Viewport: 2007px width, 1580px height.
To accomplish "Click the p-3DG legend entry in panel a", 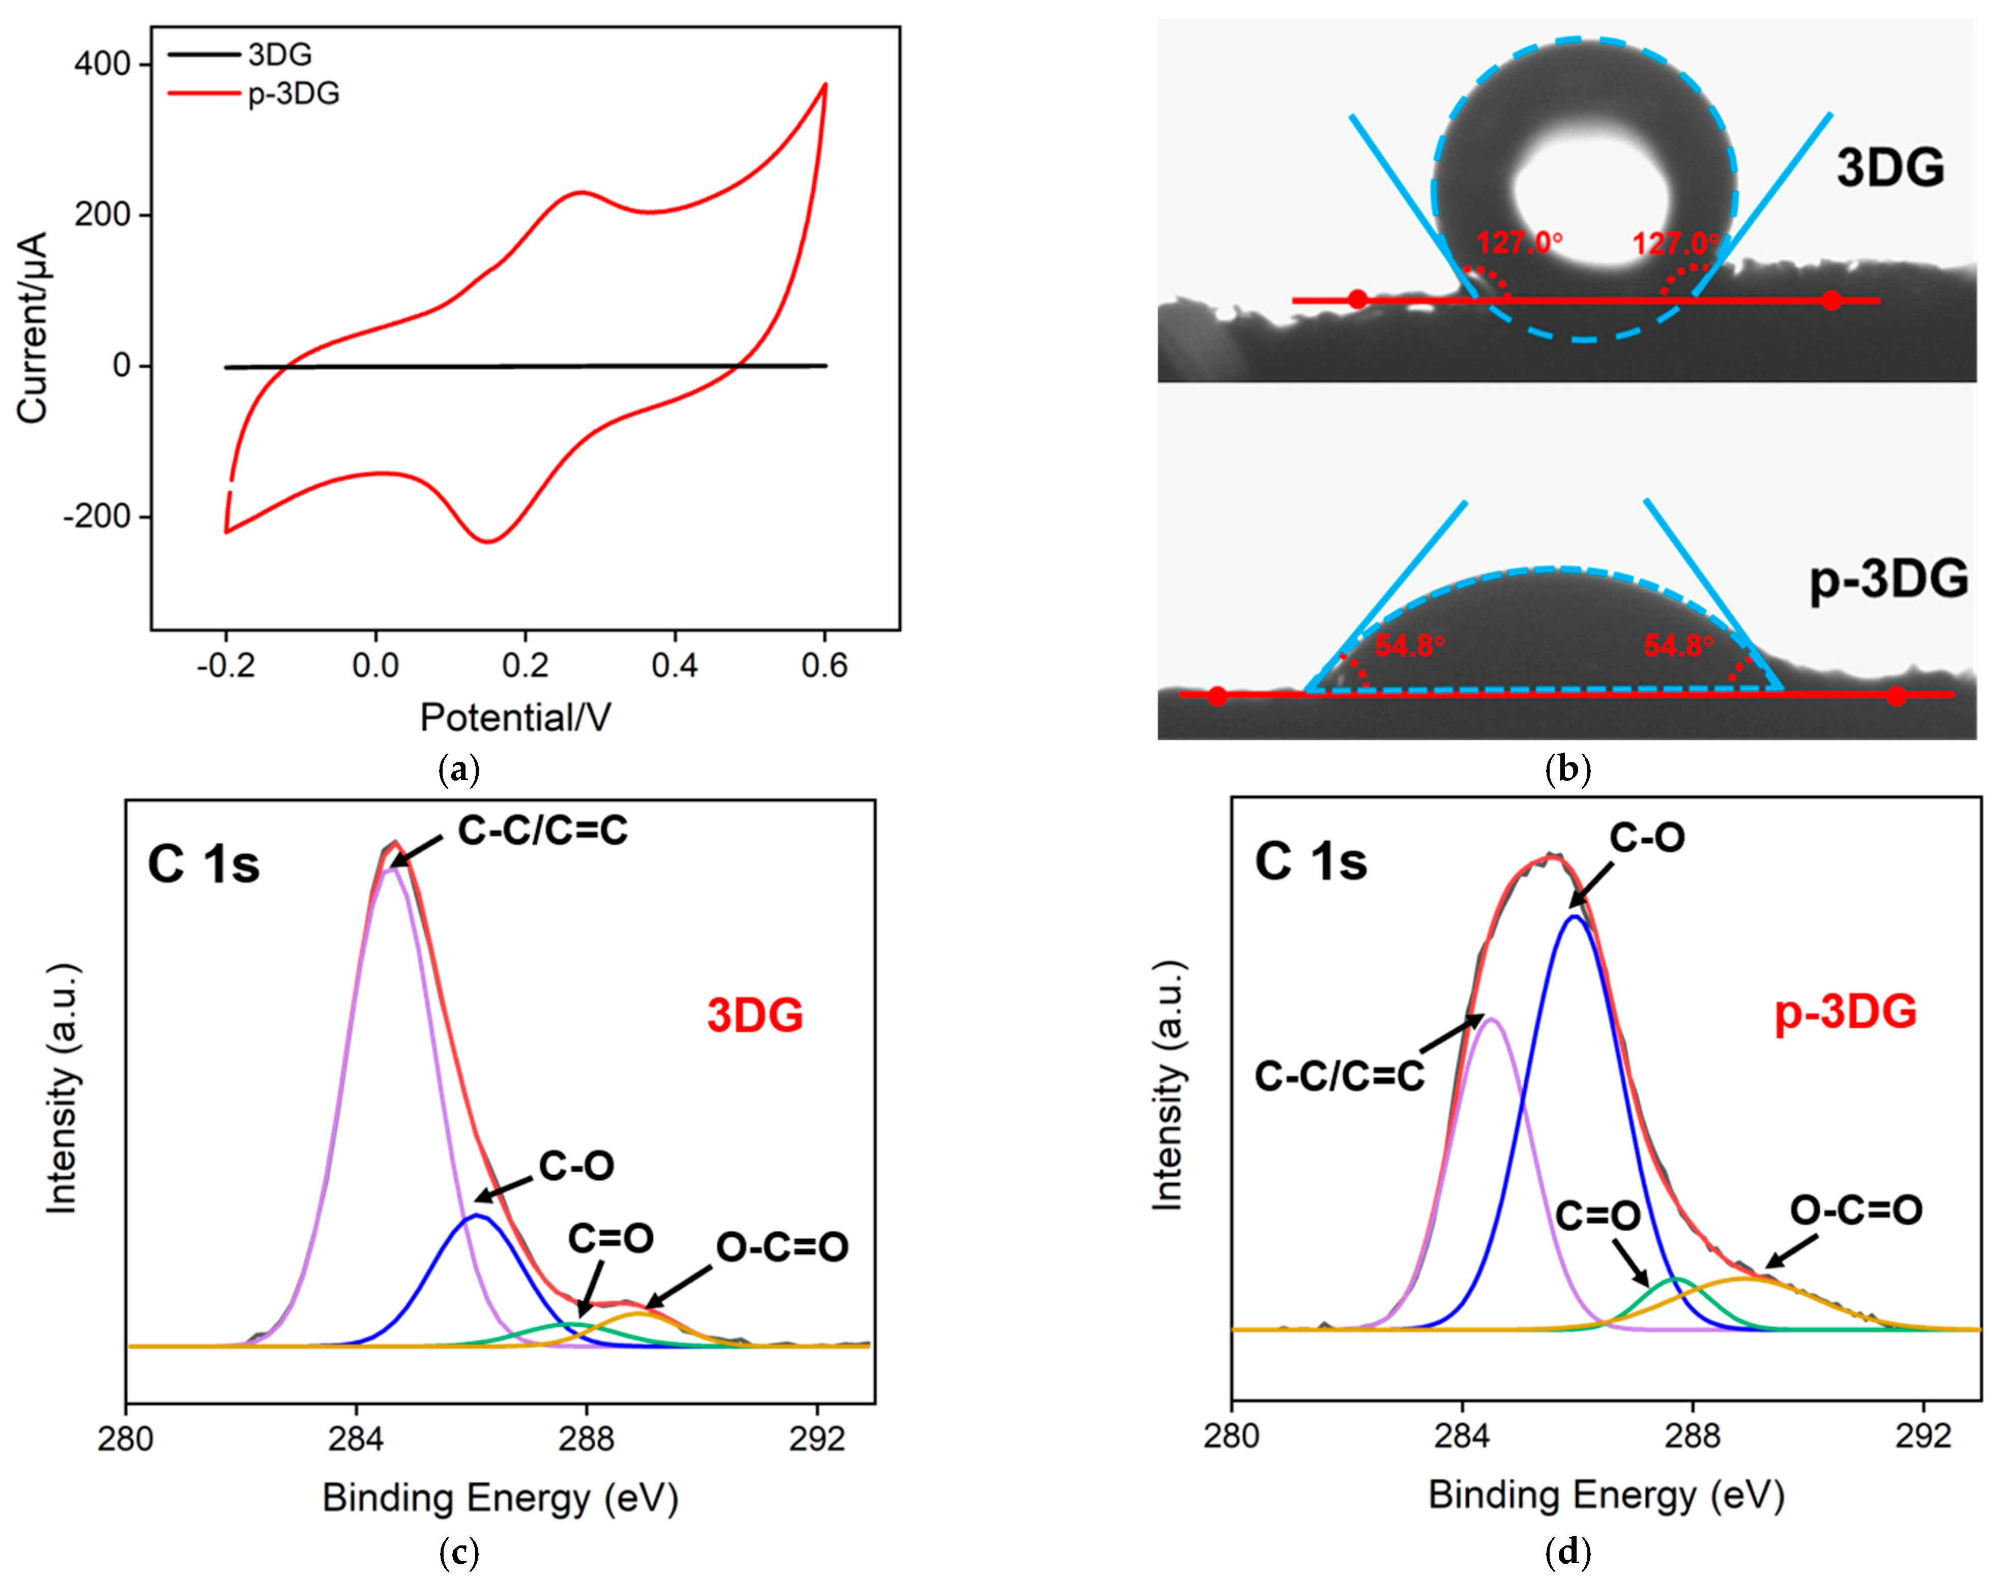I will pos(293,94).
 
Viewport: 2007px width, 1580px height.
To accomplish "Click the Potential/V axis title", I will pos(515,717).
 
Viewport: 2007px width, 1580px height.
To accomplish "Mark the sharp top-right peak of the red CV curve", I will pos(825,84).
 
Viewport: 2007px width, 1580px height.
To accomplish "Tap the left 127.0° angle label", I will pos(1519,243).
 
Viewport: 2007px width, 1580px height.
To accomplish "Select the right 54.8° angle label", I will pos(1678,646).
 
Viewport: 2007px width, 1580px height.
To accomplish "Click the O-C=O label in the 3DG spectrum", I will pos(782,1248).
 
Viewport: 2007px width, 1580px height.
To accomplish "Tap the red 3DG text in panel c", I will pos(755,1015).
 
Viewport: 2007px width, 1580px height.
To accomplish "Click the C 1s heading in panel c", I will pos(203,865).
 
